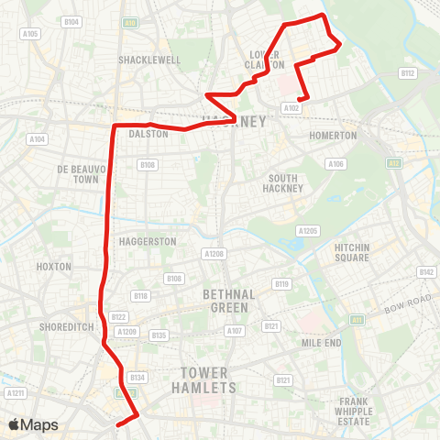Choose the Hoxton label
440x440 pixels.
[x=55, y=266]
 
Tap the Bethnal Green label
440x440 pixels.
[x=224, y=300]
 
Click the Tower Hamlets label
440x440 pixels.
[x=208, y=380]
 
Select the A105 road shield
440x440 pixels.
[x=31, y=34]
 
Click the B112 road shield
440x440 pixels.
[x=408, y=72]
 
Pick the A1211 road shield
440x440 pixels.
[x=15, y=393]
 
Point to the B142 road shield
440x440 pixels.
[x=426, y=272]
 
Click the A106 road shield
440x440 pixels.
[x=336, y=164]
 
